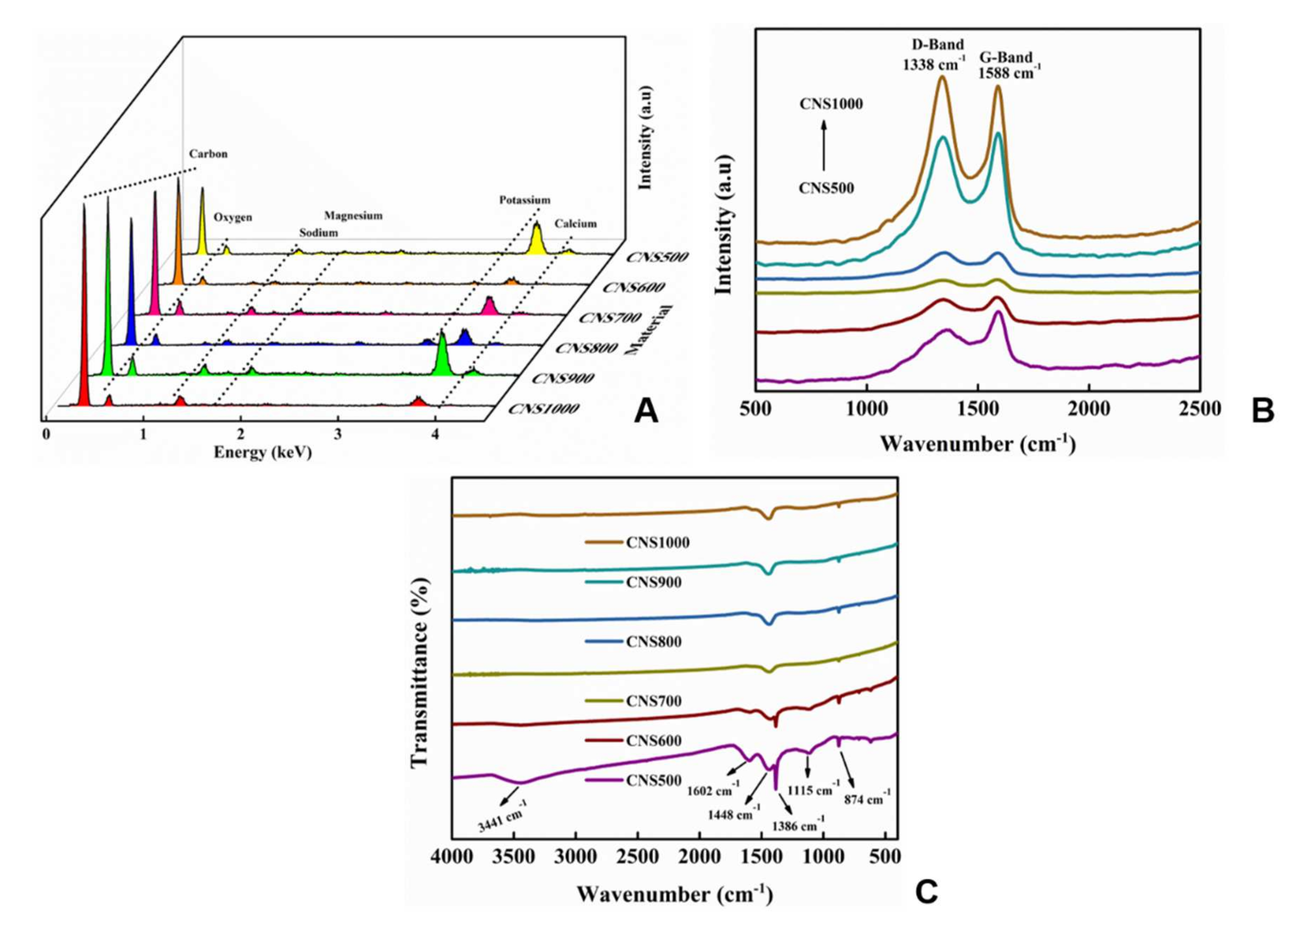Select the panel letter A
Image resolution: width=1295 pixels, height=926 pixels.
646,411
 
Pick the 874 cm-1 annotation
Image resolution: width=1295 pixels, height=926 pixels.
867,799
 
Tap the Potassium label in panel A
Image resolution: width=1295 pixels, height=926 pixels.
524,200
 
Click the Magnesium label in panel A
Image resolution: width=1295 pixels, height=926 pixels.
353,216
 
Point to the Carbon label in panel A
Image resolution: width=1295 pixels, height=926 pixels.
208,154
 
